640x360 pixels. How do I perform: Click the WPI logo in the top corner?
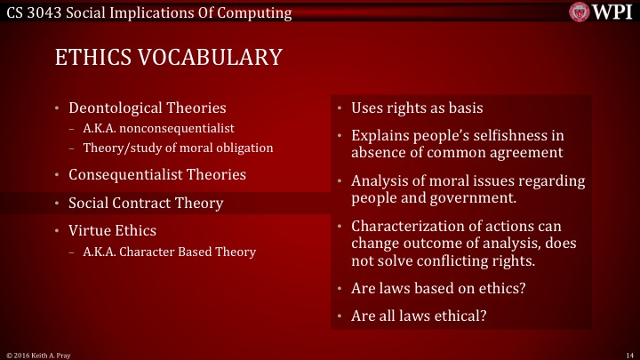(x=601, y=12)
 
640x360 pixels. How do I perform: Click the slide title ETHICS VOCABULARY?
(x=168, y=58)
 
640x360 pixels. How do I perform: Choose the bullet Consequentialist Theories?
(x=156, y=174)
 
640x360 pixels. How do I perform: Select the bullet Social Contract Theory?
(x=146, y=203)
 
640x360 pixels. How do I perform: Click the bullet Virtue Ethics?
(x=112, y=230)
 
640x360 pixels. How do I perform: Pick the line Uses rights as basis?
(x=417, y=108)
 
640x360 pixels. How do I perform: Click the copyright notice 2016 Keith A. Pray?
(x=41, y=354)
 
